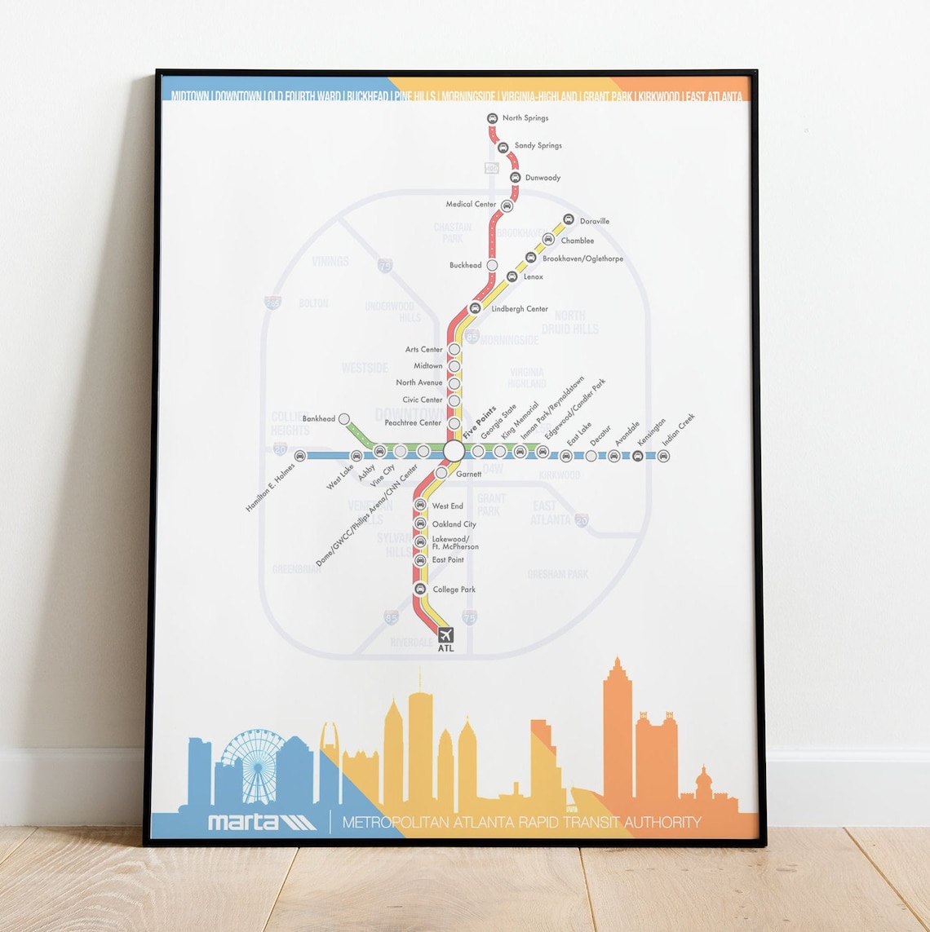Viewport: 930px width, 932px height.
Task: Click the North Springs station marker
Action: [493, 119]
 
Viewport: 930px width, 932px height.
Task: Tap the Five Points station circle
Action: [454, 451]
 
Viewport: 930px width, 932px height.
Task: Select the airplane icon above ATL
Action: [445, 634]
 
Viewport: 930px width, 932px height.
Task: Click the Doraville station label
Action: [594, 221]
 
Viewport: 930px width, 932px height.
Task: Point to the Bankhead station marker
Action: [344, 419]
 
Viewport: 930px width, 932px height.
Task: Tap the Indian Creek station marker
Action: [663, 456]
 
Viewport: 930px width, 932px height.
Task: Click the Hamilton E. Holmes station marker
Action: [300, 456]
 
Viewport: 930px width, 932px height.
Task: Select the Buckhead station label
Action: [465, 266]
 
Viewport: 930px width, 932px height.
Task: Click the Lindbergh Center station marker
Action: [475, 308]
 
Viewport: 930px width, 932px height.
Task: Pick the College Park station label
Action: [454, 590]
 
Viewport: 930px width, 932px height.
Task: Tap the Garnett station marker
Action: [441, 473]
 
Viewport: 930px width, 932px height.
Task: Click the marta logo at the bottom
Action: [261, 820]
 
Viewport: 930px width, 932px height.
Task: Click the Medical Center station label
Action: [471, 205]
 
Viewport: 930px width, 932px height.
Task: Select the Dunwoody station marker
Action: [516, 178]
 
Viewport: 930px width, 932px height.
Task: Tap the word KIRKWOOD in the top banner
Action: [658, 97]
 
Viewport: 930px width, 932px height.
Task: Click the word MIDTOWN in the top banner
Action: [190, 97]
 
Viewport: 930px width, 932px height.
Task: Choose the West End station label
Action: [447, 506]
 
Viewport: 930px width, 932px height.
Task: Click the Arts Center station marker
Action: [454, 350]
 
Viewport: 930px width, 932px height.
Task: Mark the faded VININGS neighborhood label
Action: [330, 262]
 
